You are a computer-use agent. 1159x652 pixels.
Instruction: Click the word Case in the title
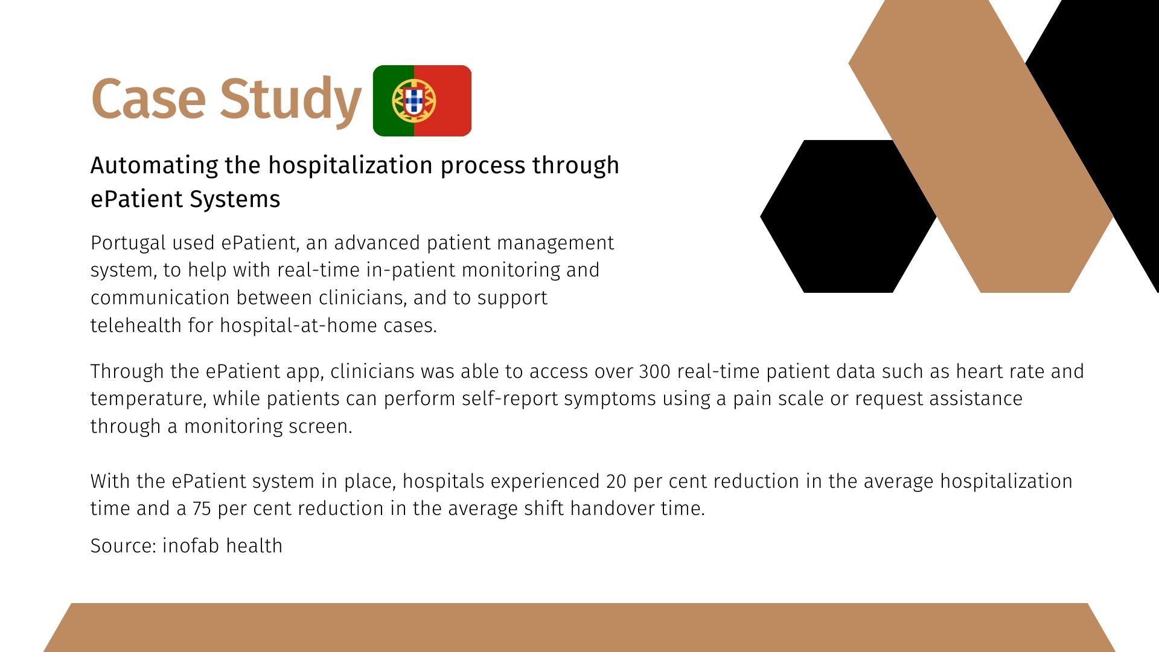[x=148, y=98]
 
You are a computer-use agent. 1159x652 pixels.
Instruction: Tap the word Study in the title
[x=290, y=100]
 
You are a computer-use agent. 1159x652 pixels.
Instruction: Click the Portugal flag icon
[x=422, y=101]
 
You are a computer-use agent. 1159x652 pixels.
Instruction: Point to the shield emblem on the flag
[x=413, y=100]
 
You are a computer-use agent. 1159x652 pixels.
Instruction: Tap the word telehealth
[x=136, y=325]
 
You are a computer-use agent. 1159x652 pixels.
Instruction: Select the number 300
[x=654, y=371]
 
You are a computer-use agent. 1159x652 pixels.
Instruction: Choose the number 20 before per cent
[x=616, y=481]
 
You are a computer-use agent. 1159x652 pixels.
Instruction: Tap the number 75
[x=202, y=509]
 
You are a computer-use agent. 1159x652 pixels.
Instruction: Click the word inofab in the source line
[x=190, y=546]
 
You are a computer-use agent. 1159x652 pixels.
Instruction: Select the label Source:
[x=124, y=546]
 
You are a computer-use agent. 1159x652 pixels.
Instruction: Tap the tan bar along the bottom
[x=579, y=627]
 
